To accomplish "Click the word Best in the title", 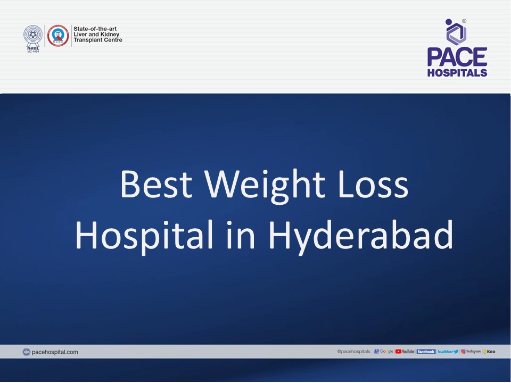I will click(155, 185).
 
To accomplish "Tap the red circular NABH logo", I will click(57, 35).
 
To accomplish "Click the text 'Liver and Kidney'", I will click(96, 35).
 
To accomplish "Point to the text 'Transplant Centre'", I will click(98, 40).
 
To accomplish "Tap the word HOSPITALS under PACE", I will click(457, 73).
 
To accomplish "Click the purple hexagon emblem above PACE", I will click(456, 32).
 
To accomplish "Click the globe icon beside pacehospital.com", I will click(27, 352).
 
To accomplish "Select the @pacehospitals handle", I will click(353, 352).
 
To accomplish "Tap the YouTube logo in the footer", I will click(405, 352).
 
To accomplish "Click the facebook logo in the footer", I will click(426, 352).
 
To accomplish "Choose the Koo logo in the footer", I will click(489, 352).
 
